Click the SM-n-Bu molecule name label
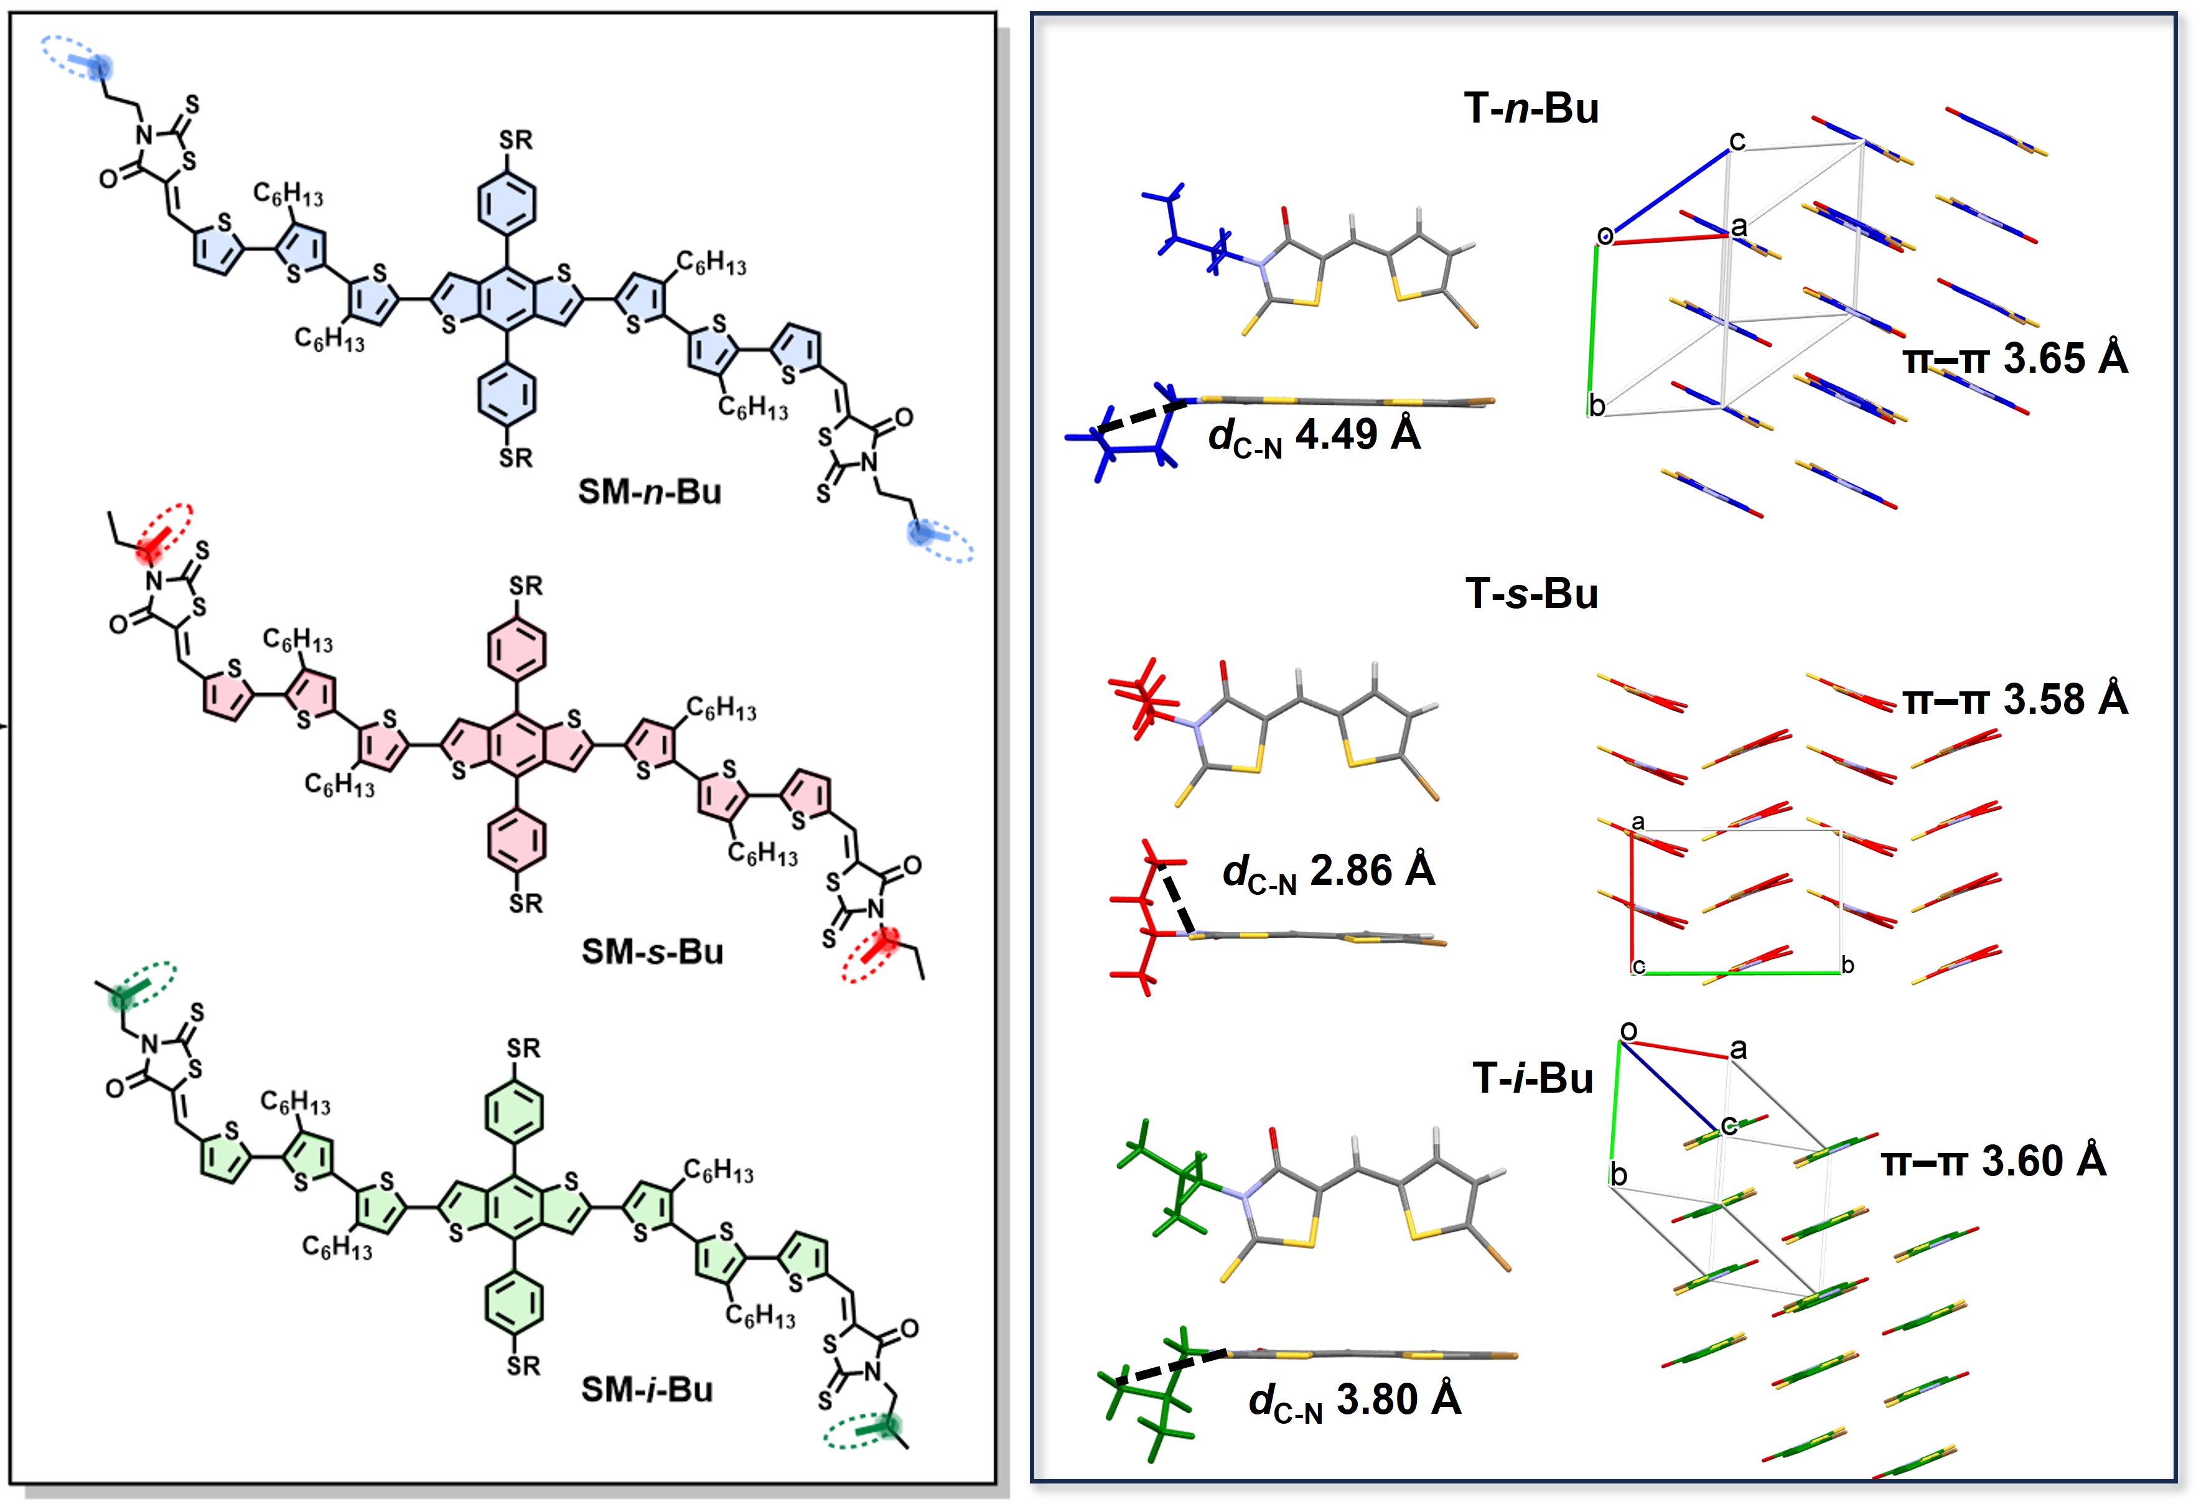pyautogui.click(x=650, y=492)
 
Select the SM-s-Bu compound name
pyautogui.click(x=652, y=951)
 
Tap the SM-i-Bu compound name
pyautogui.click(x=647, y=1389)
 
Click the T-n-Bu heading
pyautogui.click(x=1531, y=109)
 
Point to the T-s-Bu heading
pyautogui.click(x=1531, y=594)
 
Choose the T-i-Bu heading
pyautogui.click(x=1533, y=1078)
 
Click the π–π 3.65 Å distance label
pyautogui.click(x=2016, y=359)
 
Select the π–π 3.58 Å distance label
pyautogui.click(x=2016, y=699)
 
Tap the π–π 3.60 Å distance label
pyautogui.click(x=1994, y=1161)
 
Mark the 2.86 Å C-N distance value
pyautogui.click(x=1371, y=871)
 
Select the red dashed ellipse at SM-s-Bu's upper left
pyautogui.click(x=167, y=532)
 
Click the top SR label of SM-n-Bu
pyautogui.click(x=515, y=140)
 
